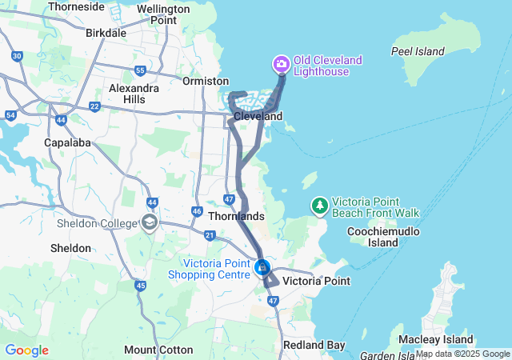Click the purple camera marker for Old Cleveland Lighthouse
[x=281, y=63]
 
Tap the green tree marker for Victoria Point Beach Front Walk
[x=320, y=206]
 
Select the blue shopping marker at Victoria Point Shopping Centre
[x=262, y=267]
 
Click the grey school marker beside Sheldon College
[x=149, y=222]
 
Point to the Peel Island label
[x=418, y=51]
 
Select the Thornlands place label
[x=235, y=216]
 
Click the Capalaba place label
[x=67, y=142]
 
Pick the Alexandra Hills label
[x=134, y=93]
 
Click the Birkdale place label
[x=106, y=33]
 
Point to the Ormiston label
[x=206, y=81]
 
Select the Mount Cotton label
[x=158, y=350]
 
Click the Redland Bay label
[x=314, y=345]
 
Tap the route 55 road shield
[x=140, y=70]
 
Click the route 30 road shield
[x=18, y=56]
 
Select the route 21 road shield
[x=210, y=234]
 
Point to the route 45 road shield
[x=141, y=286]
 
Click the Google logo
[x=26, y=350]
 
